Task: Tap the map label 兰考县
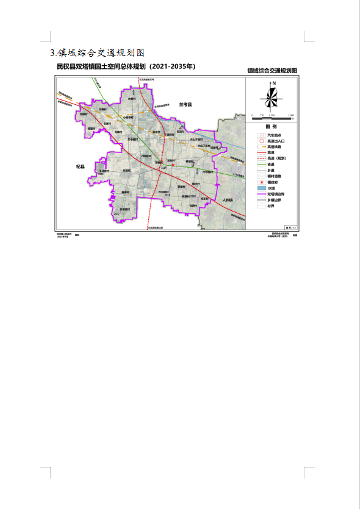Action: tap(185, 105)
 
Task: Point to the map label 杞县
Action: tap(81, 165)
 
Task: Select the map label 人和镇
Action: tap(228, 200)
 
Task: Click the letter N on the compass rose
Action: tap(275, 84)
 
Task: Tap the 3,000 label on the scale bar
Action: tap(291, 115)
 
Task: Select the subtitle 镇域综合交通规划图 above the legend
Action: tap(272, 71)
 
